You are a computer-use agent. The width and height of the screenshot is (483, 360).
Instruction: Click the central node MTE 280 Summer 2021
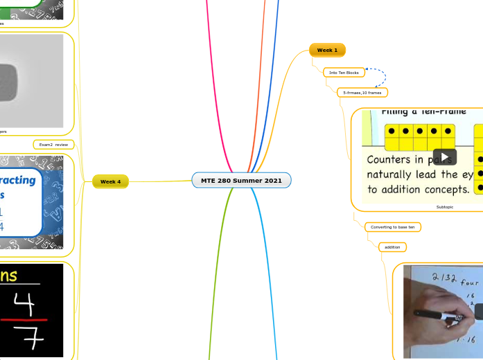(241, 181)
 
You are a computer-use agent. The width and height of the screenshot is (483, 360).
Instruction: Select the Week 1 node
(327, 51)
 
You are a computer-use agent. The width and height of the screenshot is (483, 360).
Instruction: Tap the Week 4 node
(110, 181)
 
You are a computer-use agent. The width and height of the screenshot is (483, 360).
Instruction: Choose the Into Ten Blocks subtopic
(344, 73)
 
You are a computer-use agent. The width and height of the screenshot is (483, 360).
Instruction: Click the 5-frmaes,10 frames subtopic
(362, 92)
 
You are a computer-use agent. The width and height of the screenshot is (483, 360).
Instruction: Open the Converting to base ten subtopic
(392, 227)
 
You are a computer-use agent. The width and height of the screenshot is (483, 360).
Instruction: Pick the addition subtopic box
(392, 247)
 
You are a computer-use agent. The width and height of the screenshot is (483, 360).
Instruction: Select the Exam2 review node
(53, 145)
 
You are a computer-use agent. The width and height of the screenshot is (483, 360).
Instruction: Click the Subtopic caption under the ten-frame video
(445, 207)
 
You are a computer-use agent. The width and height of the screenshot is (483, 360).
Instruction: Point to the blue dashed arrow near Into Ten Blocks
(380, 76)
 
